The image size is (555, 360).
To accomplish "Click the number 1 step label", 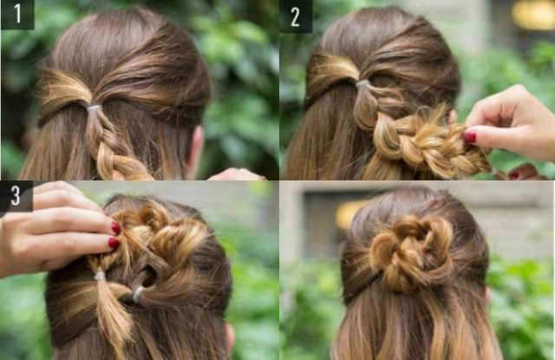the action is (17, 14).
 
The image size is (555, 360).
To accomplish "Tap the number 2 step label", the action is (296, 16).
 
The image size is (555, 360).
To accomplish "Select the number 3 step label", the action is (16, 196).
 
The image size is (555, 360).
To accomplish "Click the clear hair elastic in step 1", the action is (95, 108).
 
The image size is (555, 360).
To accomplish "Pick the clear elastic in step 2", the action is (362, 84).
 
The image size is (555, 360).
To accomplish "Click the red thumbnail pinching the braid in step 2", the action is (470, 137).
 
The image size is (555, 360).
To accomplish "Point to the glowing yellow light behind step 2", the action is (533, 15).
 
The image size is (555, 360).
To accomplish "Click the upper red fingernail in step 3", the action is (116, 228).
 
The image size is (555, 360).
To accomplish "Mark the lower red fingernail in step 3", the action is (114, 243).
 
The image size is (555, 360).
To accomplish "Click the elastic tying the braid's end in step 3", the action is (101, 274).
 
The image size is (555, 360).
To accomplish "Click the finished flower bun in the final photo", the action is (411, 253).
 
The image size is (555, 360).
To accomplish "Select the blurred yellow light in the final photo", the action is (350, 214).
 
